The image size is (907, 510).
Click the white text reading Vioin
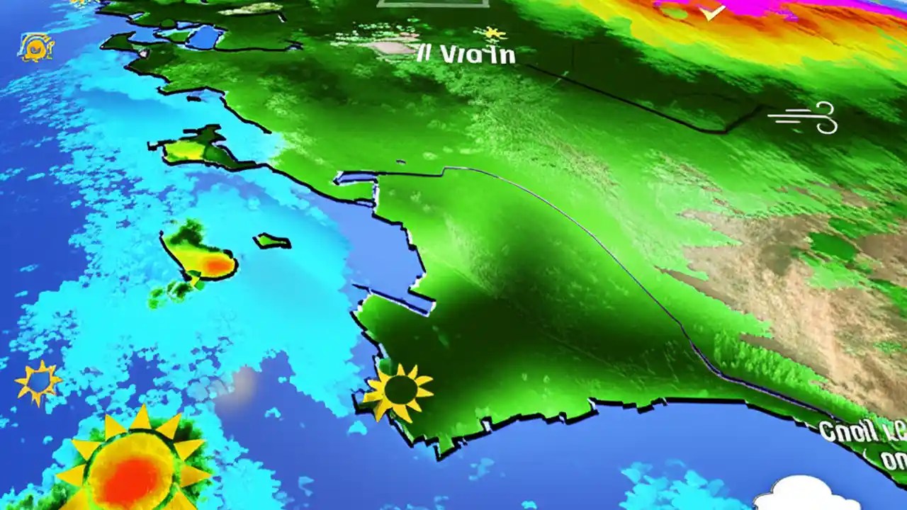[x=477, y=55]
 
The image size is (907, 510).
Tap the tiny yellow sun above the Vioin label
[x=490, y=33]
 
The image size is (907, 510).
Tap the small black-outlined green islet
[x=272, y=242]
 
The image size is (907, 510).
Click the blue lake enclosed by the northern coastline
[x=203, y=38]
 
